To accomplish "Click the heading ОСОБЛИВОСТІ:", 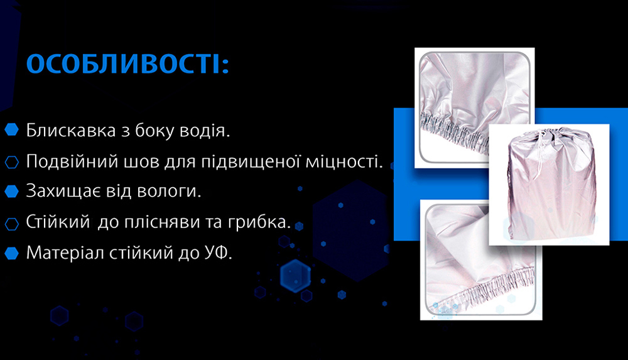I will point(127,65).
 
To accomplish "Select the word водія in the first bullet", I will point(208,131).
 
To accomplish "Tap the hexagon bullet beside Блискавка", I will point(11,131).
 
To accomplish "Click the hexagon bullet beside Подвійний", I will point(11,161).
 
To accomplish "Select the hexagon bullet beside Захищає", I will point(11,191).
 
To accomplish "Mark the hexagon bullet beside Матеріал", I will point(11,253).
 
